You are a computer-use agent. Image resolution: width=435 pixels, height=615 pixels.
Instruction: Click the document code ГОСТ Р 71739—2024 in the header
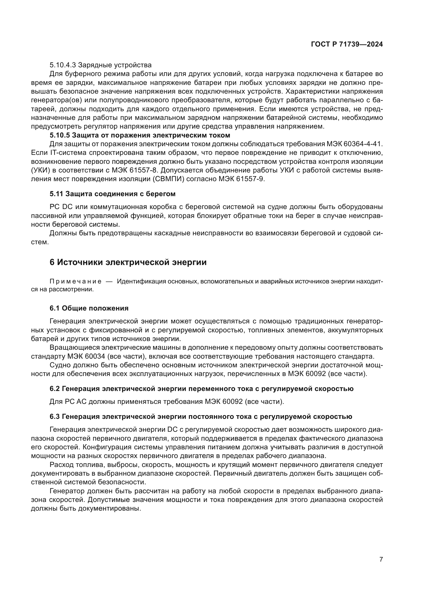point(347,44)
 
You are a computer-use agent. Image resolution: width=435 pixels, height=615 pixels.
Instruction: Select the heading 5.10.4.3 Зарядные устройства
point(100,65)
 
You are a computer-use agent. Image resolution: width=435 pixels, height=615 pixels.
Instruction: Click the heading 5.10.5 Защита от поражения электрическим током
point(140,135)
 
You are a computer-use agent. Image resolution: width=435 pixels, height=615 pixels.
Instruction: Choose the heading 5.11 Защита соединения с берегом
point(113,194)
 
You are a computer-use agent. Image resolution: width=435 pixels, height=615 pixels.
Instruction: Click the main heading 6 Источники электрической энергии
point(128,262)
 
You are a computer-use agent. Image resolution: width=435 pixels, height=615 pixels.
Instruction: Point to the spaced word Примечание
point(75,282)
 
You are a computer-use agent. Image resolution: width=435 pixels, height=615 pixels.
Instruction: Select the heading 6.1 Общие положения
point(89,308)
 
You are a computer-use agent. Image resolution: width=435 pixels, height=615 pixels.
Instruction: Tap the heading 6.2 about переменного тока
point(201,388)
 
